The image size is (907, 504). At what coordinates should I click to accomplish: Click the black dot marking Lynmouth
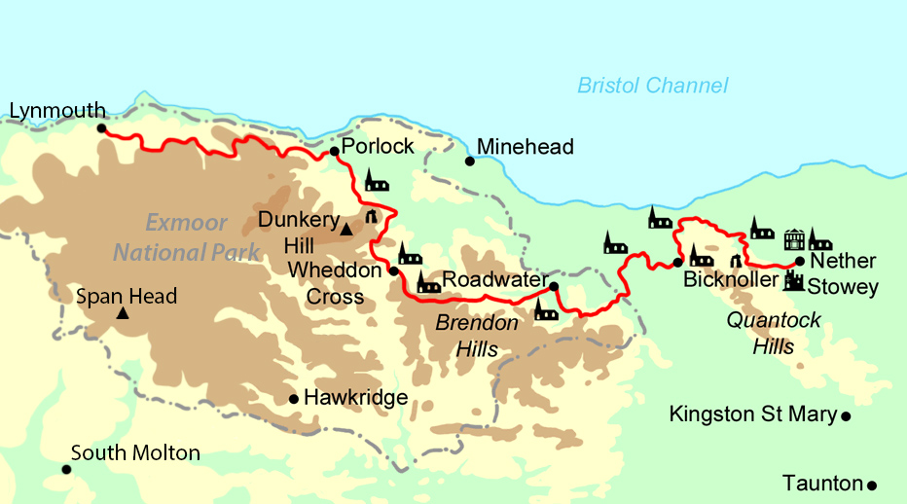[101, 127]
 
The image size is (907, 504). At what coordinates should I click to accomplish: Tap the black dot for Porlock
[334, 151]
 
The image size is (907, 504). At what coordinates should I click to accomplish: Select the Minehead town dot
[469, 161]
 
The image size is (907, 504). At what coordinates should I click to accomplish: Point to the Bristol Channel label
[652, 86]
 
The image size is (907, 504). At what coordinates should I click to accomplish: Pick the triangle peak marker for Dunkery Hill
[345, 230]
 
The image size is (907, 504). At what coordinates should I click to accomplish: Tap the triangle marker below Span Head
[123, 313]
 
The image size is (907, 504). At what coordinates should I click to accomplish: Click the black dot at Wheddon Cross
[393, 271]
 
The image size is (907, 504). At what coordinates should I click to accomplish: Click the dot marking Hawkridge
[293, 398]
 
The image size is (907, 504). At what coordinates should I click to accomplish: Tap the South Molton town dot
[66, 469]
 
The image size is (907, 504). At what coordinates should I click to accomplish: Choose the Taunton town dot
[872, 485]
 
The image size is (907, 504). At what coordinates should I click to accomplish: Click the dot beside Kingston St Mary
[846, 416]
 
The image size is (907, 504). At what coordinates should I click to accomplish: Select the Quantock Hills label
[774, 333]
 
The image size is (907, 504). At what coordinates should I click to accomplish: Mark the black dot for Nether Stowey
[799, 261]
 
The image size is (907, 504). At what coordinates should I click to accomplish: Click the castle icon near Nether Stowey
[794, 281]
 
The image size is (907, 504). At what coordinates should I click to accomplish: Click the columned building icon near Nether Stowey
[794, 238]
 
